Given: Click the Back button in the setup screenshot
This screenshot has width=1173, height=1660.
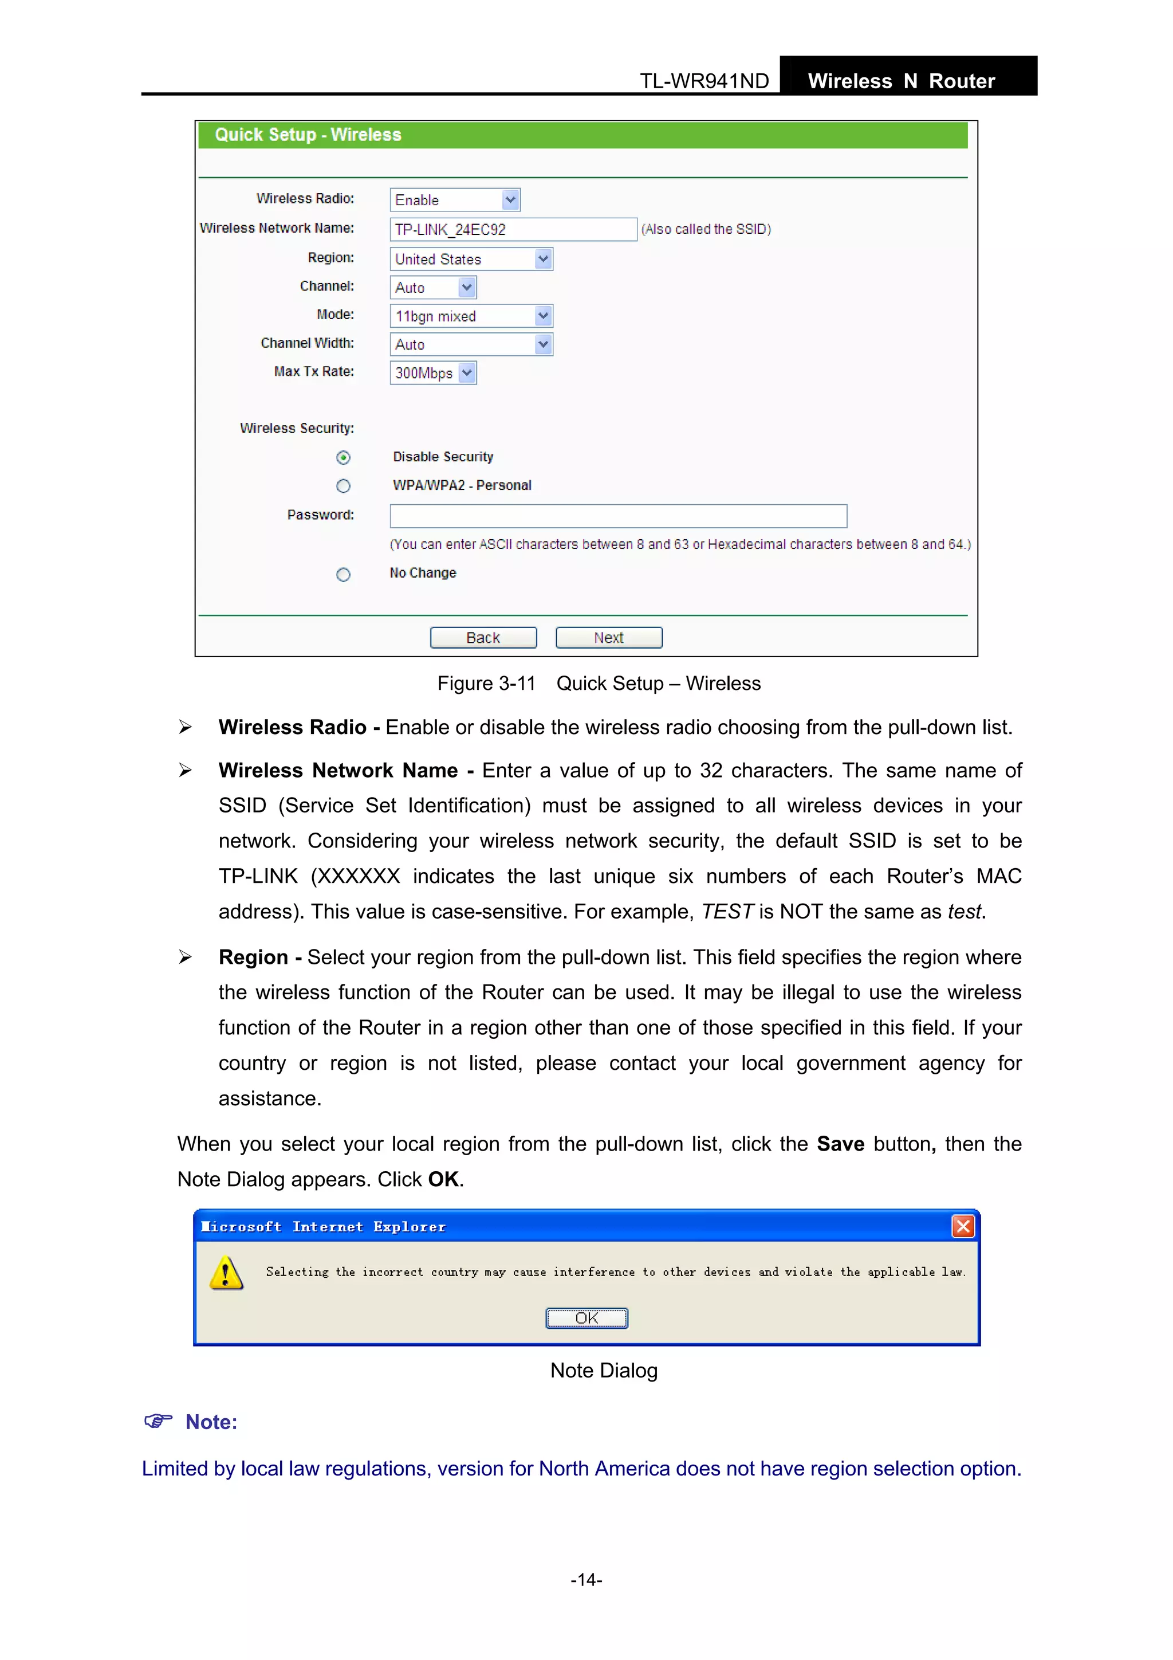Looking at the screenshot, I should click(x=483, y=638).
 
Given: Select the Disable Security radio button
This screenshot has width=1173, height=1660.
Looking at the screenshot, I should click(x=343, y=458).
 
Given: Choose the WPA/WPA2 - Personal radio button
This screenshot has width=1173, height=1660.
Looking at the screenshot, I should click(x=343, y=486).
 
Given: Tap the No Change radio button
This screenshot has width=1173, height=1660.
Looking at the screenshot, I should click(x=343, y=575).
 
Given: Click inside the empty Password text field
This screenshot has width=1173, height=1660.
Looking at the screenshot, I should click(x=618, y=516).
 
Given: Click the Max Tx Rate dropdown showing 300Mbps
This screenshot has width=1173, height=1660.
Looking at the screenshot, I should click(x=433, y=373).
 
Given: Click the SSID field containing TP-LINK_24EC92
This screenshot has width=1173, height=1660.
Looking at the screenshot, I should click(x=513, y=229).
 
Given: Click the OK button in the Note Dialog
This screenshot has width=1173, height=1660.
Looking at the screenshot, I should click(x=586, y=1318).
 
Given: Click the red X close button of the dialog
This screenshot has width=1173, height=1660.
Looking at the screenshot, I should click(x=963, y=1226).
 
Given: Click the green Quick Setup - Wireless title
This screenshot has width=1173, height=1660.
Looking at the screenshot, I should click(x=308, y=135).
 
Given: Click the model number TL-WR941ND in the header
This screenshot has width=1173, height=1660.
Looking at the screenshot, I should click(x=704, y=81).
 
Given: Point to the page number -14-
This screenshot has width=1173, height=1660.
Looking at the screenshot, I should click(x=586, y=1580).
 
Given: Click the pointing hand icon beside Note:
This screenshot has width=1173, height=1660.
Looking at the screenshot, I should click(x=158, y=1422).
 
